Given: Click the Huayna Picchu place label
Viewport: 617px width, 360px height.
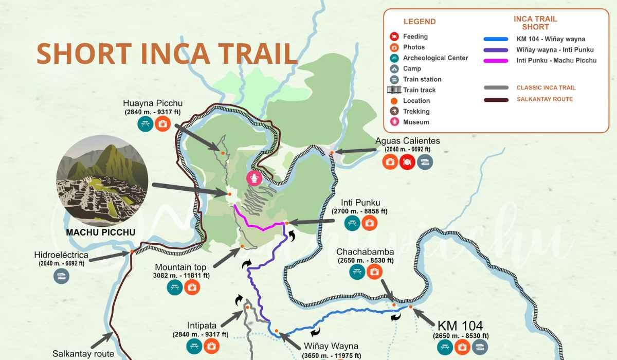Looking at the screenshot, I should click(153, 103).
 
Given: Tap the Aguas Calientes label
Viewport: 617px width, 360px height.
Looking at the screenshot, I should click(407, 141).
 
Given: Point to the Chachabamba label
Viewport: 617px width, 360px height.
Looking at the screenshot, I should click(365, 252).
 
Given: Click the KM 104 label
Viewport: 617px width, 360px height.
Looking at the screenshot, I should click(460, 325).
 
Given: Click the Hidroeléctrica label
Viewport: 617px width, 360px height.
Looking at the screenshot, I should click(61, 255).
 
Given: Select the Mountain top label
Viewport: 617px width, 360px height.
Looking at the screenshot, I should click(180, 267).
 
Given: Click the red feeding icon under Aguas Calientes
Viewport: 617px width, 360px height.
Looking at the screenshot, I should click(407, 162).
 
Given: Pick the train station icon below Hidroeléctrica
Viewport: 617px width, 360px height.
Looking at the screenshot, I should click(61, 276).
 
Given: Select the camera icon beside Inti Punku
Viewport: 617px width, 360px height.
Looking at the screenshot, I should click(369, 223).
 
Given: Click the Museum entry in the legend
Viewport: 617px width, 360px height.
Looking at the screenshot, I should click(416, 122).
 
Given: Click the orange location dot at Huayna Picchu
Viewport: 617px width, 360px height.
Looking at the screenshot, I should click(223, 153).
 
